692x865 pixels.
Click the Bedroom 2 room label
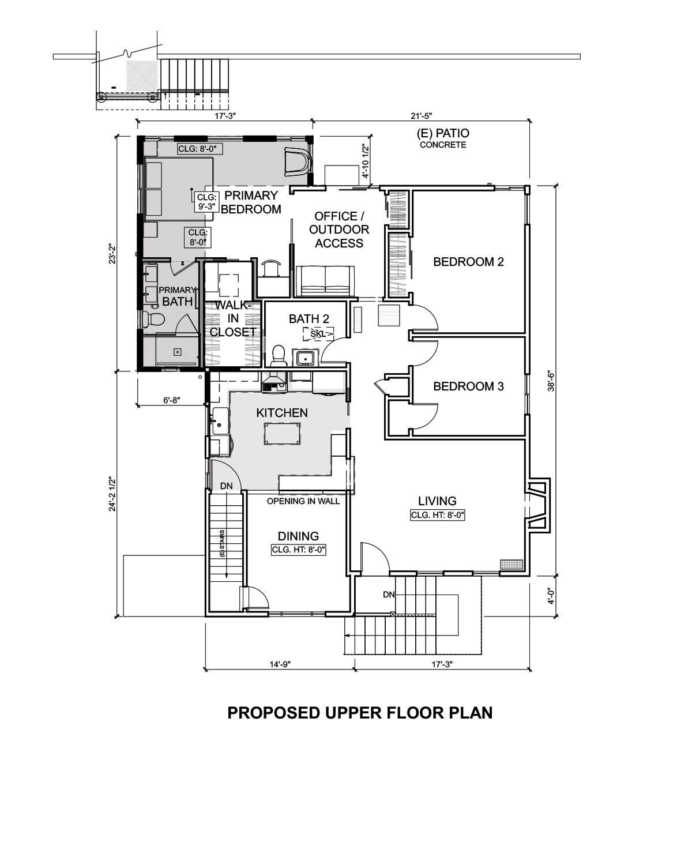[468, 262]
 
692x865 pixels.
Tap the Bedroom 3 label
[468, 386]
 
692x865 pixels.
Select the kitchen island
[282, 433]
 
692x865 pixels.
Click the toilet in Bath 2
[279, 355]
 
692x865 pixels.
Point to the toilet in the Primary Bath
[153, 319]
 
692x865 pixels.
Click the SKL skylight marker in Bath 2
[318, 334]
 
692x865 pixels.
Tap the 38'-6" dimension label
[551, 382]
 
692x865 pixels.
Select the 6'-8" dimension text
[172, 400]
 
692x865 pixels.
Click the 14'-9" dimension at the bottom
[280, 664]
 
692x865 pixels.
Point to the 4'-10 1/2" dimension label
[366, 161]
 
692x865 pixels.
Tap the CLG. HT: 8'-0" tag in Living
[438, 515]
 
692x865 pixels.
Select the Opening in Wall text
[303, 501]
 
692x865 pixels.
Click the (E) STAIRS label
[223, 543]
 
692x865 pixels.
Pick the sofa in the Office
[325, 281]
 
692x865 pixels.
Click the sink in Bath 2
[306, 357]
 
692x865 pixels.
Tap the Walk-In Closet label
[233, 318]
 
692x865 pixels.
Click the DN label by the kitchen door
[227, 486]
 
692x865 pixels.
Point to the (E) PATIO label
[443, 133]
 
